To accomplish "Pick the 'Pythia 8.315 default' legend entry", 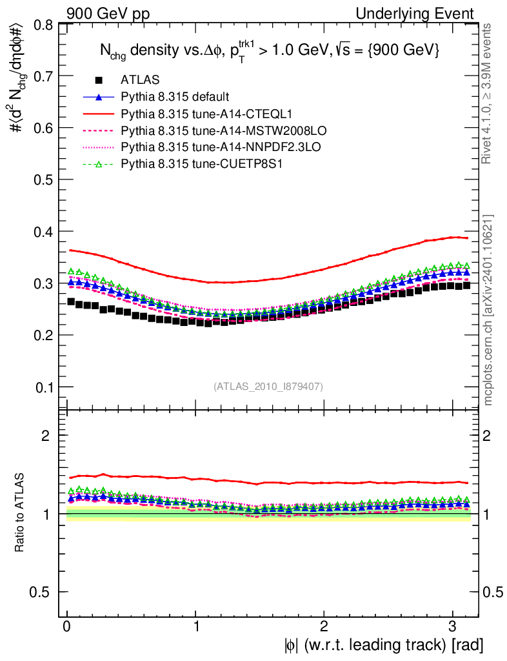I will click(174, 97).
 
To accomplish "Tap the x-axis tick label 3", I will click(452, 626).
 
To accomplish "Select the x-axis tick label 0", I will click(67, 626).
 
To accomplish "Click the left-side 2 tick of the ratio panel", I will click(46, 436).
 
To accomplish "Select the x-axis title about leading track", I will click(382, 644).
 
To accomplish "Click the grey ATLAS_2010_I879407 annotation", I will click(268, 386).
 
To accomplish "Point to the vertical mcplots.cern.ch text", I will click(489, 310).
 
